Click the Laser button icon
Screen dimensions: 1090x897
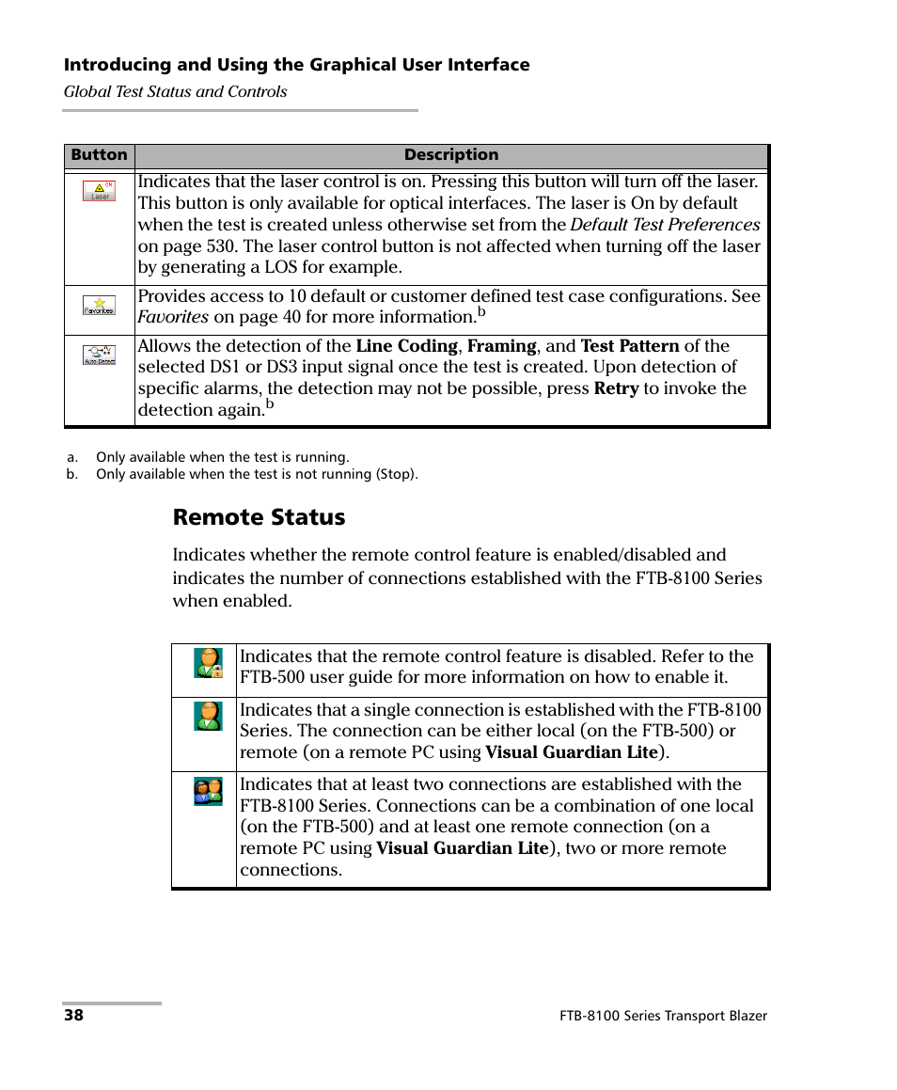point(99,191)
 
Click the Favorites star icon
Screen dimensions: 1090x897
point(99,305)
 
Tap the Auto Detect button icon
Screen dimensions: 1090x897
point(99,355)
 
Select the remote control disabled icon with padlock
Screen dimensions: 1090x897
point(208,663)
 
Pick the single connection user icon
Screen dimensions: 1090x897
point(208,716)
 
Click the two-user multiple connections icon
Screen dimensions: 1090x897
point(208,791)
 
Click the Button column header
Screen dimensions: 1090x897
point(99,155)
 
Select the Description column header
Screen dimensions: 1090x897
point(451,155)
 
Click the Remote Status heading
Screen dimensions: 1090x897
point(259,517)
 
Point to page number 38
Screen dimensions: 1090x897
point(73,1016)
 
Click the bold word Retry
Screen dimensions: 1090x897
point(616,388)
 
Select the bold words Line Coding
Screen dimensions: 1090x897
point(406,346)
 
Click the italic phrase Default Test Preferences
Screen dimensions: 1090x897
point(665,225)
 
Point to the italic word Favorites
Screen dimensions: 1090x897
point(173,317)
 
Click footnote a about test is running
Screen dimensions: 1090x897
point(222,457)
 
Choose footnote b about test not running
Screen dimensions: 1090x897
point(256,474)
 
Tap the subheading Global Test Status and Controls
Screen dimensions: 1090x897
point(175,92)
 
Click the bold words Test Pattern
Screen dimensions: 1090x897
point(630,346)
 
